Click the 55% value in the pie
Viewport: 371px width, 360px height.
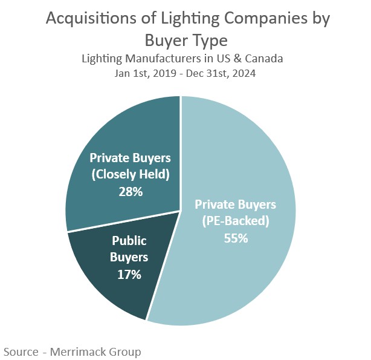coord(235,238)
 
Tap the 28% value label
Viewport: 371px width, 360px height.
coord(130,192)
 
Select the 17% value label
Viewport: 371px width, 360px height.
coord(129,274)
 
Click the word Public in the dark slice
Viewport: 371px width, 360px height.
coord(129,240)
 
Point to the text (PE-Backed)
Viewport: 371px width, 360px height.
coord(235,221)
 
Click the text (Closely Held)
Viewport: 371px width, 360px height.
coord(130,175)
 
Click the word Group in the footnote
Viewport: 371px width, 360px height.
coord(125,351)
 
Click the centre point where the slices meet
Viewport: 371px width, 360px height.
coord(181,211)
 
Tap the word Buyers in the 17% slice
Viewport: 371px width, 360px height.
coord(129,257)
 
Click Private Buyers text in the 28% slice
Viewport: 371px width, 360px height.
coord(130,158)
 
